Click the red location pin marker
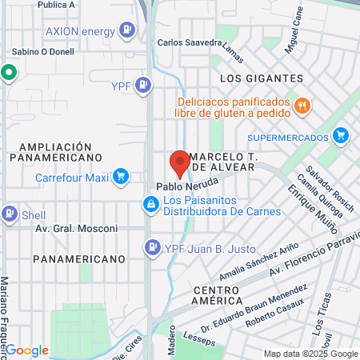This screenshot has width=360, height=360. point(180,163)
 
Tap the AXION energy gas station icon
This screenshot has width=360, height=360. point(126,31)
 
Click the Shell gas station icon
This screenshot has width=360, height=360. point(10,214)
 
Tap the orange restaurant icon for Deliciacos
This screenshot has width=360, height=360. point(302,105)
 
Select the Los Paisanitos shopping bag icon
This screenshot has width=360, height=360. point(150,206)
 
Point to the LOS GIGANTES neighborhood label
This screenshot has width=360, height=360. point(261,78)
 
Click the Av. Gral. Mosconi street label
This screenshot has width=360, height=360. point(76,228)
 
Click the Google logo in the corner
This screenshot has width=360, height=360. point(28,350)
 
